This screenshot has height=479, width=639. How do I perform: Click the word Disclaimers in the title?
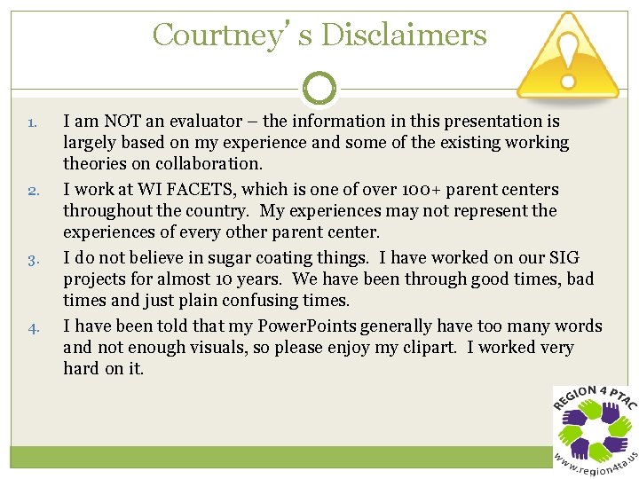tap(404, 35)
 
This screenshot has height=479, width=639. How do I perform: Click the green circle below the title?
tap(319, 88)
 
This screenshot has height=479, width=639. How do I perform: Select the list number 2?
tap(32, 191)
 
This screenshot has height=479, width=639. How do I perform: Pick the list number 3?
tap(32, 260)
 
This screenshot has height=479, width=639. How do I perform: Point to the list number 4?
tap(32, 328)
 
